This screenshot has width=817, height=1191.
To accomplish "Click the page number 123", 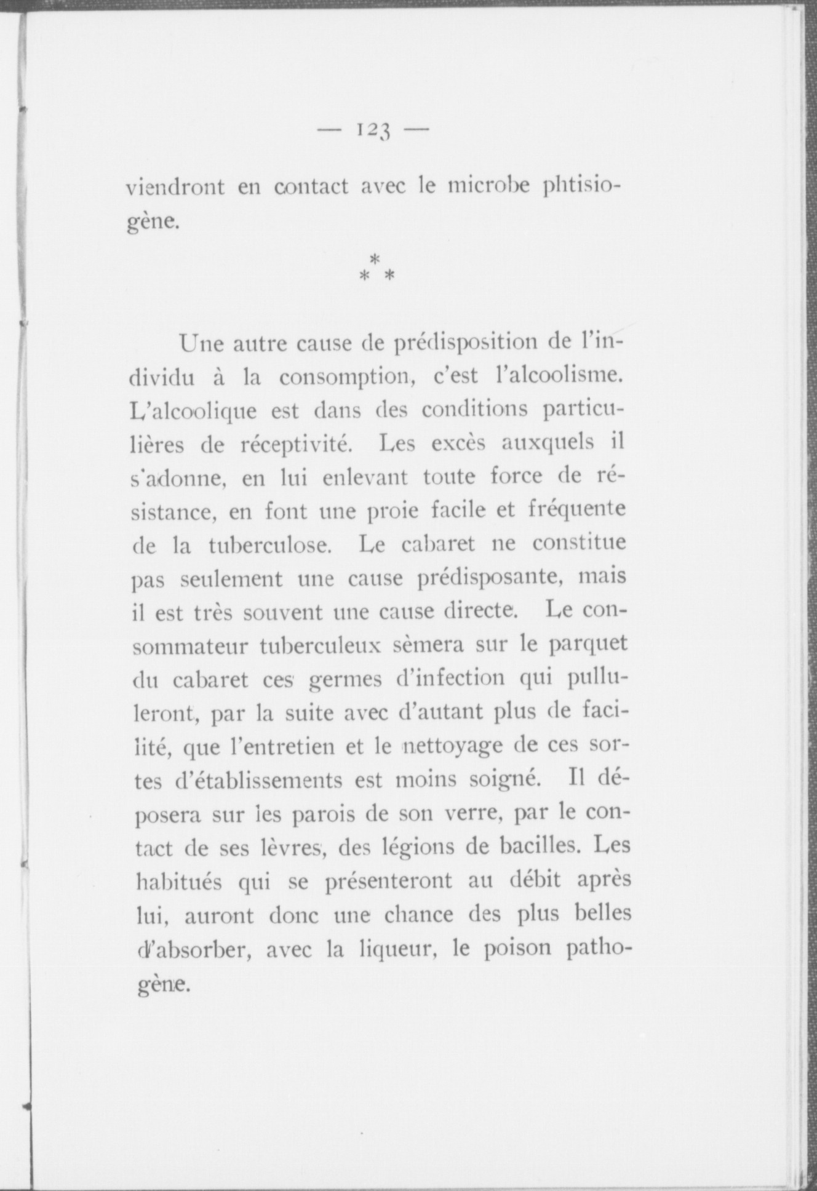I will (x=373, y=130).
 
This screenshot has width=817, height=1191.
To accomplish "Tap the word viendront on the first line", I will (x=175, y=186).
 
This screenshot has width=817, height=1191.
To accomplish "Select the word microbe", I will (x=488, y=186).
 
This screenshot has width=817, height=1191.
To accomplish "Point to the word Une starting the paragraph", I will (x=201, y=343).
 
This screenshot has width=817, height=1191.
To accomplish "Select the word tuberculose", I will (x=270, y=546).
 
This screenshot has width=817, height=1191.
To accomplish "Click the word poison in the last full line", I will (x=517, y=949).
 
